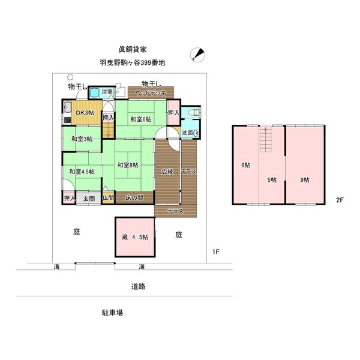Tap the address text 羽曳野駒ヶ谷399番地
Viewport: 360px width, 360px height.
133,62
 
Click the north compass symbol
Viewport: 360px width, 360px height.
196,55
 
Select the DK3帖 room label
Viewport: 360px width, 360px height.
85,113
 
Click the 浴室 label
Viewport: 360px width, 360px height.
107,92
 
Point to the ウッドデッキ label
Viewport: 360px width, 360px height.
150,93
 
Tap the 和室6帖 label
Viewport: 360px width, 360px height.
141,119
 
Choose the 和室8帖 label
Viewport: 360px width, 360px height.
128,165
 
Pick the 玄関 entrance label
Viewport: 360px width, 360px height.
89,198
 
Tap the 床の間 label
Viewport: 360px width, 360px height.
134,198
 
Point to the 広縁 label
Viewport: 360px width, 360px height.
166,172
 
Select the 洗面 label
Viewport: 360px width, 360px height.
187,133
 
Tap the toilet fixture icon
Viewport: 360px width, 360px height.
194,114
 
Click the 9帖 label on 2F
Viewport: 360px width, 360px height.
305,180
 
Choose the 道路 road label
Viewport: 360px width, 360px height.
139,286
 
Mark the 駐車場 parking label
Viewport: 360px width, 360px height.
112,313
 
